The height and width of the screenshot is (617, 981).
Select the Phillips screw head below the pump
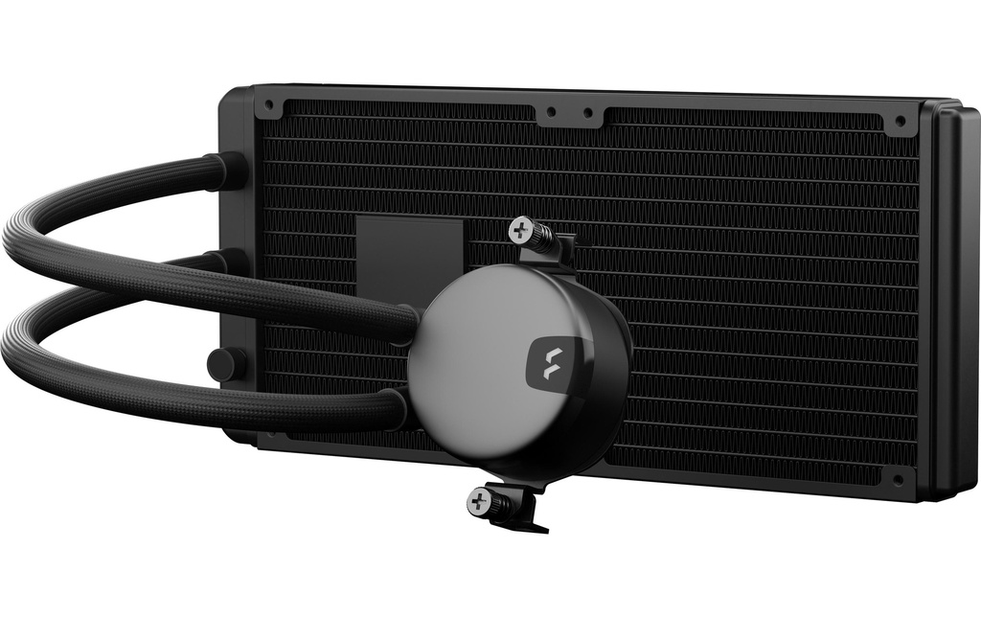(x=476, y=499)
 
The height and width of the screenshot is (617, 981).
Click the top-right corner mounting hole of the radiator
(x=900, y=122)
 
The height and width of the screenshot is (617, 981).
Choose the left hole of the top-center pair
(x=550, y=111)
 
